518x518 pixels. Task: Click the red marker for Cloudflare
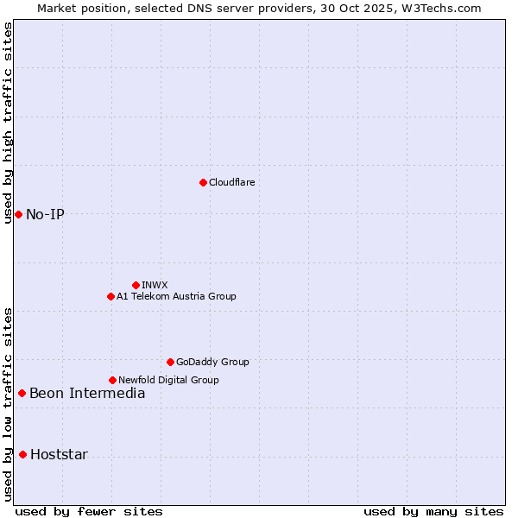coord(203,182)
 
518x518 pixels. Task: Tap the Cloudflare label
coord(231,183)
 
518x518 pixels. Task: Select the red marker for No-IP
coord(18,214)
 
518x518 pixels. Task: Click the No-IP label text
coord(45,214)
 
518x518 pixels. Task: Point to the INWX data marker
coord(136,285)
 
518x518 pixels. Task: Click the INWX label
coord(155,285)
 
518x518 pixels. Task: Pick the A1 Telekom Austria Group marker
coord(111,296)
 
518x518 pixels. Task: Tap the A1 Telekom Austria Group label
coord(176,297)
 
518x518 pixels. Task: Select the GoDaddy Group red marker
coord(170,362)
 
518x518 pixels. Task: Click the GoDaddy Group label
coord(212,363)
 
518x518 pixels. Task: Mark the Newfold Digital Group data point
coord(112,380)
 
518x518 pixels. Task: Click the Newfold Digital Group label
coord(168,380)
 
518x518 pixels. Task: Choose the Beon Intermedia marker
coord(22,394)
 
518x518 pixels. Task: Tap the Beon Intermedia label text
coord(87,394)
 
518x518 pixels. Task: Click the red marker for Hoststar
coord(22,454)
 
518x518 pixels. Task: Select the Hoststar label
coord(59,455)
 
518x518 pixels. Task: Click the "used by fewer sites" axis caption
coord(89,511)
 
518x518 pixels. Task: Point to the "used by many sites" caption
coord(433,511)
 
